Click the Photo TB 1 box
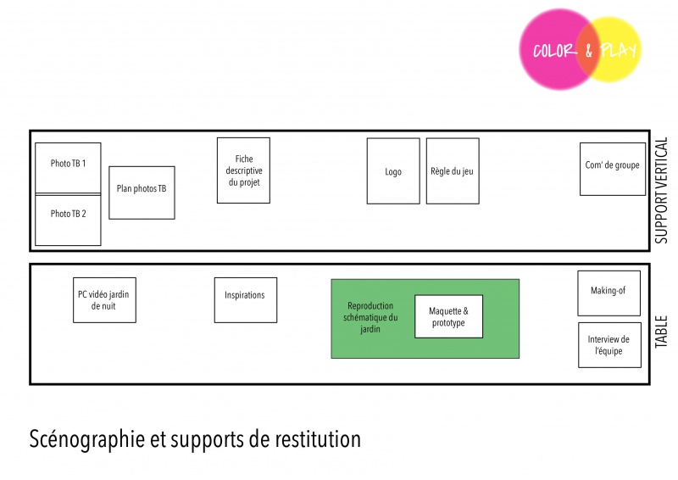[x=68, y=167]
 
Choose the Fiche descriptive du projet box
[x=243, y=170]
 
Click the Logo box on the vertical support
[x=393, y=171]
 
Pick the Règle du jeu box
[x=452, y=171]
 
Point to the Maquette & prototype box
[x=448, y=316]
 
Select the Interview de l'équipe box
[x=609, y=345]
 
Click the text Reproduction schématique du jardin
[x=370, y=317]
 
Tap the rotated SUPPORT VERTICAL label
[x=663, y=191]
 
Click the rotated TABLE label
[x=663, y=332]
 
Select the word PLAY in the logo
[x=619, y=50]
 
